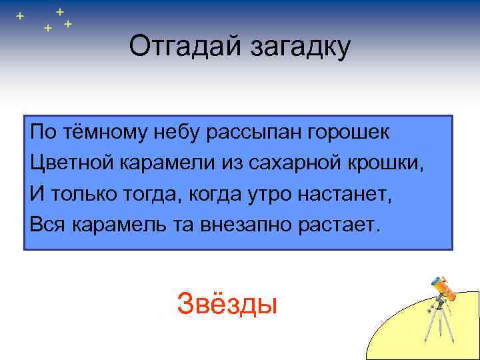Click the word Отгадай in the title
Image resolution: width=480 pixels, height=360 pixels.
click(x=175, y=47)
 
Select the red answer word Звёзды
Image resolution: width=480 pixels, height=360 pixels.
click(x=227, y=305)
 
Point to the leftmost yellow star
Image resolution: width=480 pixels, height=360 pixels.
click(x=19, y=15)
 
